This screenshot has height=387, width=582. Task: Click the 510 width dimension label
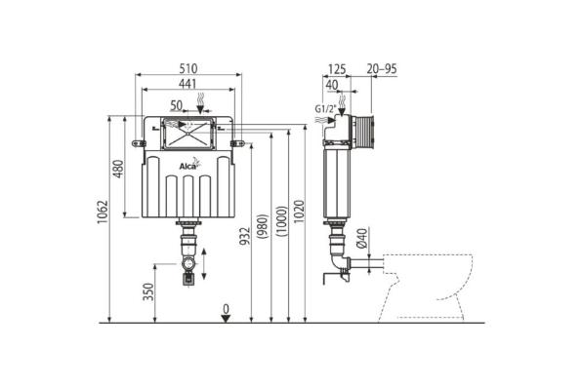188,68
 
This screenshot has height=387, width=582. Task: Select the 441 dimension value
187,84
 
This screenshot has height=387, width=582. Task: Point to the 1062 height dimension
103,213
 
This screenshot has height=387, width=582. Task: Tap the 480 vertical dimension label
118,169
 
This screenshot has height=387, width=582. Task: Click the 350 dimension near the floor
148,292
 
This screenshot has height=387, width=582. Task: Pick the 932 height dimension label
244,236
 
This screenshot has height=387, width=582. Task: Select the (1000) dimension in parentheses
281,221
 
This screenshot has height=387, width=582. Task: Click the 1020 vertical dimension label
299,212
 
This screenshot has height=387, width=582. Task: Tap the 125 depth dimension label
337,69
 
